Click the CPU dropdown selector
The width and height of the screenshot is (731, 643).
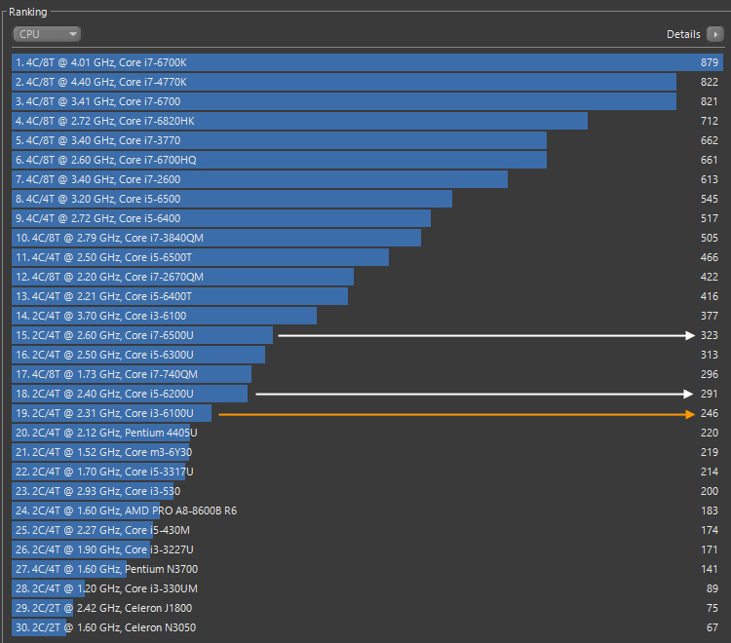[x=47, y=34]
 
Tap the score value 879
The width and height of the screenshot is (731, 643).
[x=709, y=62]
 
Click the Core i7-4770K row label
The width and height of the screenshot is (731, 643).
[x=100, y=82]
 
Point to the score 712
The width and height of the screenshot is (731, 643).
[x=709, y=121]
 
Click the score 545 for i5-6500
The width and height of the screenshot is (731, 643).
[x=709, y=199]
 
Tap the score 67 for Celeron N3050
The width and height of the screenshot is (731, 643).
[x=712, y=627]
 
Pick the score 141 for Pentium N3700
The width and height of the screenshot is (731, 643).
[x=709, y=569]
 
